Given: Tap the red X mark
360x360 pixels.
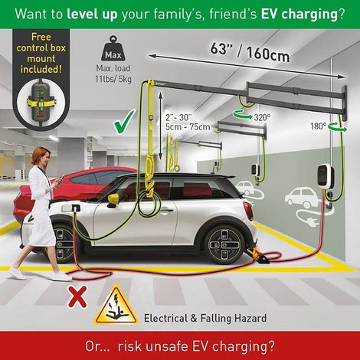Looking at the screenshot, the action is point(77,296).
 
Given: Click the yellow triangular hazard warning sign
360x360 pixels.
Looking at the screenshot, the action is point(116,306).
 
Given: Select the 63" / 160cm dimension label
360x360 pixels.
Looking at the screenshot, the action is point(250,51).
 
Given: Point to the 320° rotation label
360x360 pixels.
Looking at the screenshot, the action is point(262,117).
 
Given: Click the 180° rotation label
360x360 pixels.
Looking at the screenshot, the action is point(319,126).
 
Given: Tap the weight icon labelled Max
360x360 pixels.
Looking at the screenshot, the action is point(113,49).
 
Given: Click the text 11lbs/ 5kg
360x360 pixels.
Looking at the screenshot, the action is point(113,79).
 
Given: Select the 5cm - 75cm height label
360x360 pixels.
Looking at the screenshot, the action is point(188,126).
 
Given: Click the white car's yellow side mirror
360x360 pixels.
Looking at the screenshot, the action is point(113,199).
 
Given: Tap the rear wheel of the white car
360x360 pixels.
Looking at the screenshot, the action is point(224,243).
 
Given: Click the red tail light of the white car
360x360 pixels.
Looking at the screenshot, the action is point(248,211).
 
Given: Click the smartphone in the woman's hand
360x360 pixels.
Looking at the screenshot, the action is point(61,179).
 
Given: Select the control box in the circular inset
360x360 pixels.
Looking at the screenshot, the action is point(41,102).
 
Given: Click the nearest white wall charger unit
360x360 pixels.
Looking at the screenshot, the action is point(324,177).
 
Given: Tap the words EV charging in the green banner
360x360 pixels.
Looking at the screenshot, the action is point(299,14).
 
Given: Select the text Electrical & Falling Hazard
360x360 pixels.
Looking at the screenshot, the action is point(205,318).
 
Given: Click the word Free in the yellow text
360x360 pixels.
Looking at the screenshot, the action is point(41,37).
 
